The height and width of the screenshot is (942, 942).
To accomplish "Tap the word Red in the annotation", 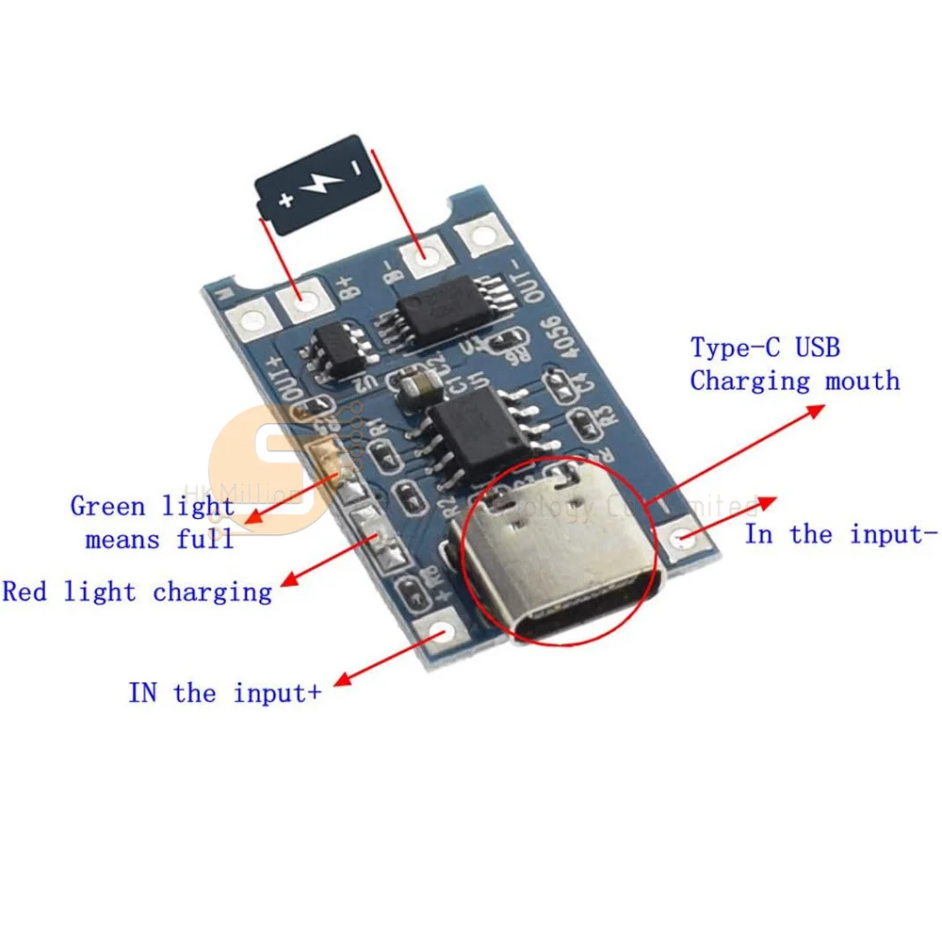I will (x=24, y=593).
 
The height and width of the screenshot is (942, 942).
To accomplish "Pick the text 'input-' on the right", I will (x=894, y=535).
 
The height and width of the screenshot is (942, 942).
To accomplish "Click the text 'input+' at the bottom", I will (x=278, y=694).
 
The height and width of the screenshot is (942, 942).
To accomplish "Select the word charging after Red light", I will (x=212, y=593).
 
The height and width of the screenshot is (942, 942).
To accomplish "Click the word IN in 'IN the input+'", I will (x=142, y=694).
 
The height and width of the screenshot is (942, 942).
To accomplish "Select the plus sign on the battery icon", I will (x=285, y=198).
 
